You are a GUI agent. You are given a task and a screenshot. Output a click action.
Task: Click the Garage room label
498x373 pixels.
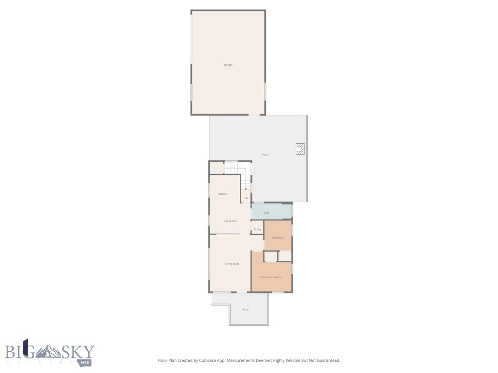(x=228, y=65)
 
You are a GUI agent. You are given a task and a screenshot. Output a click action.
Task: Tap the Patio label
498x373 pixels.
(x=265, y=155)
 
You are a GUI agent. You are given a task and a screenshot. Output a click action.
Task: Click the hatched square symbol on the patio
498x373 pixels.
(x=301, y=149)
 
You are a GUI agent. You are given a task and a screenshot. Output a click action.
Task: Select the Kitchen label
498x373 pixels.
(x=222, y=194)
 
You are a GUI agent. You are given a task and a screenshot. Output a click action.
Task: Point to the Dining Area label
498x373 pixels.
(x=230, y=221)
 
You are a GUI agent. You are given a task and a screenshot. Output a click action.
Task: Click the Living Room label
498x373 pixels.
(x=232, y=264)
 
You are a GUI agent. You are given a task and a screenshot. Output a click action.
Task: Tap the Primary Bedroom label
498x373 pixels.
(x=270, y=277)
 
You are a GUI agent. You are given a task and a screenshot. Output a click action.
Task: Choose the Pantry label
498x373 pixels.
(x=257, y=229)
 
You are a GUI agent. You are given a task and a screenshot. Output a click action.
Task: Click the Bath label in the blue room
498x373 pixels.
(x=266, y=213)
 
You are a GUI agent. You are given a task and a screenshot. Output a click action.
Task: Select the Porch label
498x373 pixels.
(x=245, y=309)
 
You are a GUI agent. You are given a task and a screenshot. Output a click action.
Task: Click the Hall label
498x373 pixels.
(x=246, y=198)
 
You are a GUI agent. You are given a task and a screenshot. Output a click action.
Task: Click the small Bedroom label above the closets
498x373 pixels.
(x=277, y=237)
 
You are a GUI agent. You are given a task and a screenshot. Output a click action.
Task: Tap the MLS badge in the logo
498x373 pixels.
(x=86, y=362)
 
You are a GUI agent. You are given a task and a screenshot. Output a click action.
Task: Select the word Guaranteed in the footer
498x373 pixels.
(x=327, y=360)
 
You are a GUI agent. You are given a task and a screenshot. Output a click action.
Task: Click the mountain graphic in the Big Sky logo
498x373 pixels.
(x=49, y=351)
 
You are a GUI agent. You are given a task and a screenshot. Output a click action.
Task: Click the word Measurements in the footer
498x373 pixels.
(x=242, y=360)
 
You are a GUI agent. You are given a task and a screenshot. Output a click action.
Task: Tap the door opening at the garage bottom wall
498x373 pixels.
(x=254, y=115)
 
